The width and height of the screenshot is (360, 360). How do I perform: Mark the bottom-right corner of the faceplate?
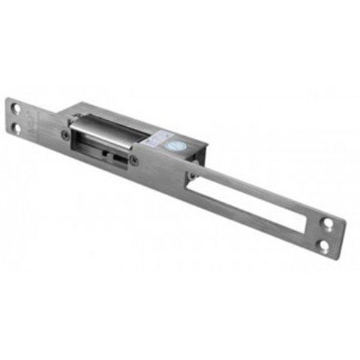point(333,256)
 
